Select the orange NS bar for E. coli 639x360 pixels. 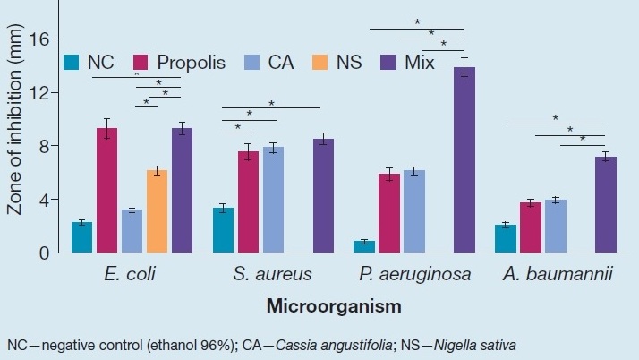click(158, 211)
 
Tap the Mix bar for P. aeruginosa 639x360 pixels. click(464, 160)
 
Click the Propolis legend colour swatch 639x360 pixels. click(141, 63)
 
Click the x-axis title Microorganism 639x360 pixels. click(333, 306)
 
